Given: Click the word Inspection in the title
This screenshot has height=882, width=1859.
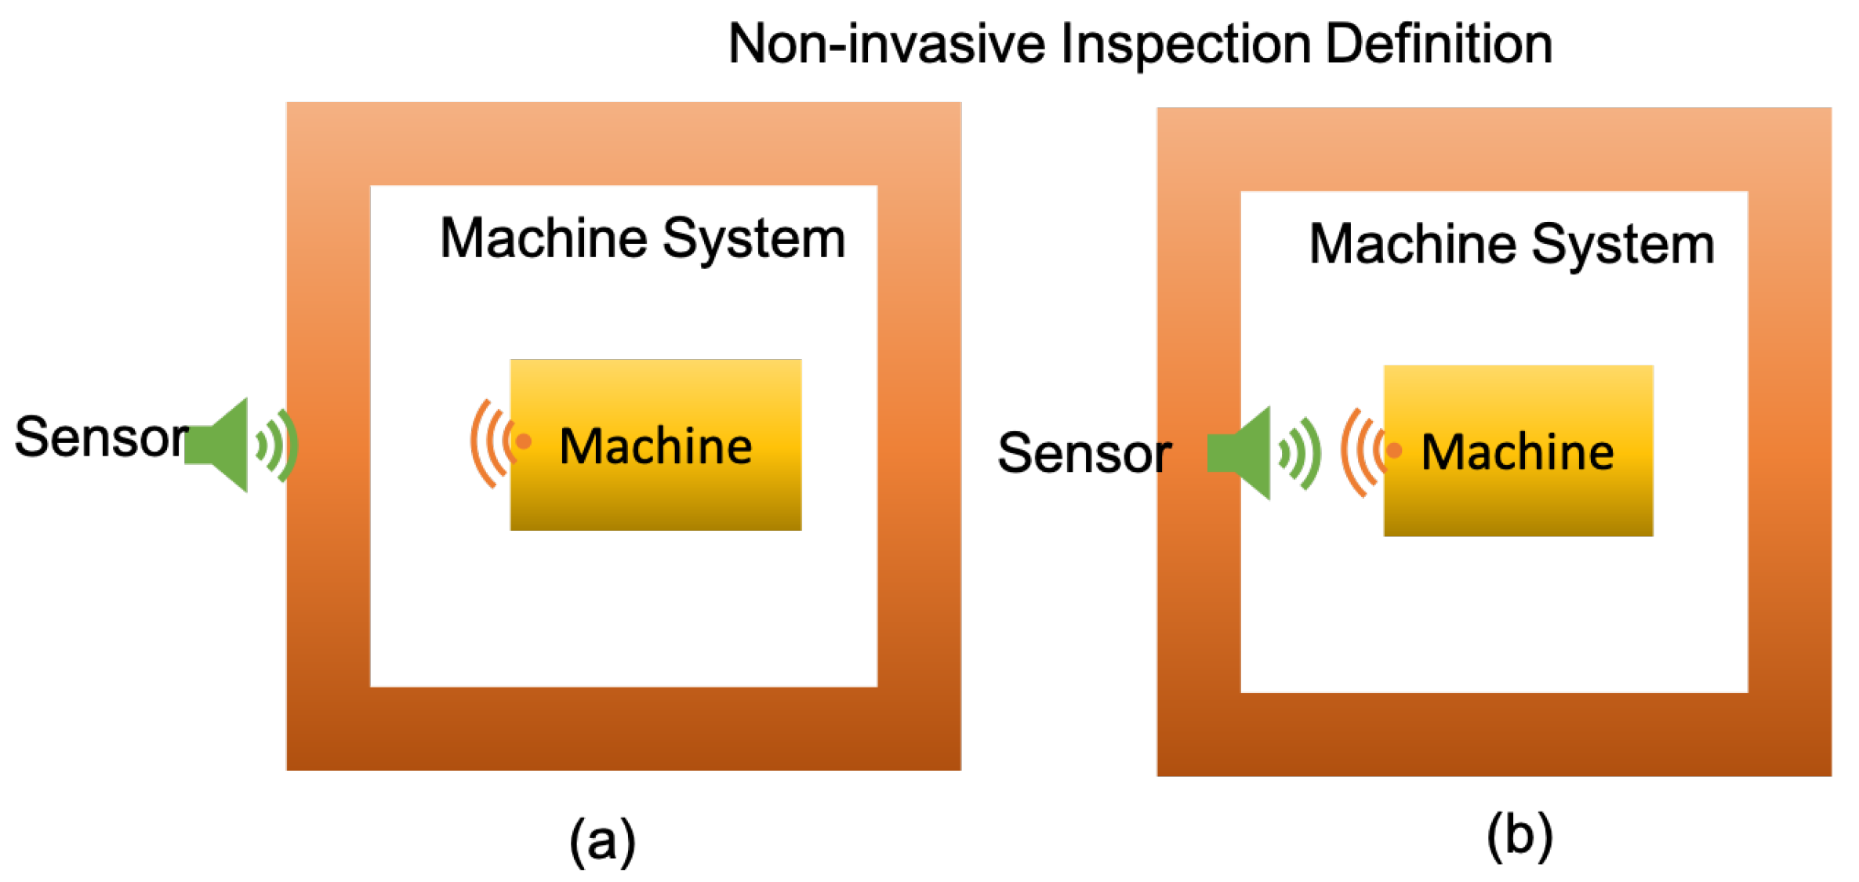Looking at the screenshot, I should click(x=1185, y=45).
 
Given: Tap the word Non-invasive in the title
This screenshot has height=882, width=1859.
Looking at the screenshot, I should click(x=888, y=45).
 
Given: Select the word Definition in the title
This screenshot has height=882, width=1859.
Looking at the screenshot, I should click(x=1439, y=45).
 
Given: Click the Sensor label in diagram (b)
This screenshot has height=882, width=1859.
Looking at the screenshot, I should click(x=1084, y=453).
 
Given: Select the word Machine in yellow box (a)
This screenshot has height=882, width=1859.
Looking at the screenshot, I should click(x=655, y=447).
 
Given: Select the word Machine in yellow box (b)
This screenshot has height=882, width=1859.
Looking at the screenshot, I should click(x=1518, y=452).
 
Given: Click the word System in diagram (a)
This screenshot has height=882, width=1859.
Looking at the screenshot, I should click(x=753, y=239).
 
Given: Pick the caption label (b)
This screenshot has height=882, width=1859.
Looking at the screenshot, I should click(x=1519, y=836).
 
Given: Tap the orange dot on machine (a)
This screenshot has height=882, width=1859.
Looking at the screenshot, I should click(x=524, y=442).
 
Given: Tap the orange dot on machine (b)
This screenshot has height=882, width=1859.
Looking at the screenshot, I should click(x=1394, y=450).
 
